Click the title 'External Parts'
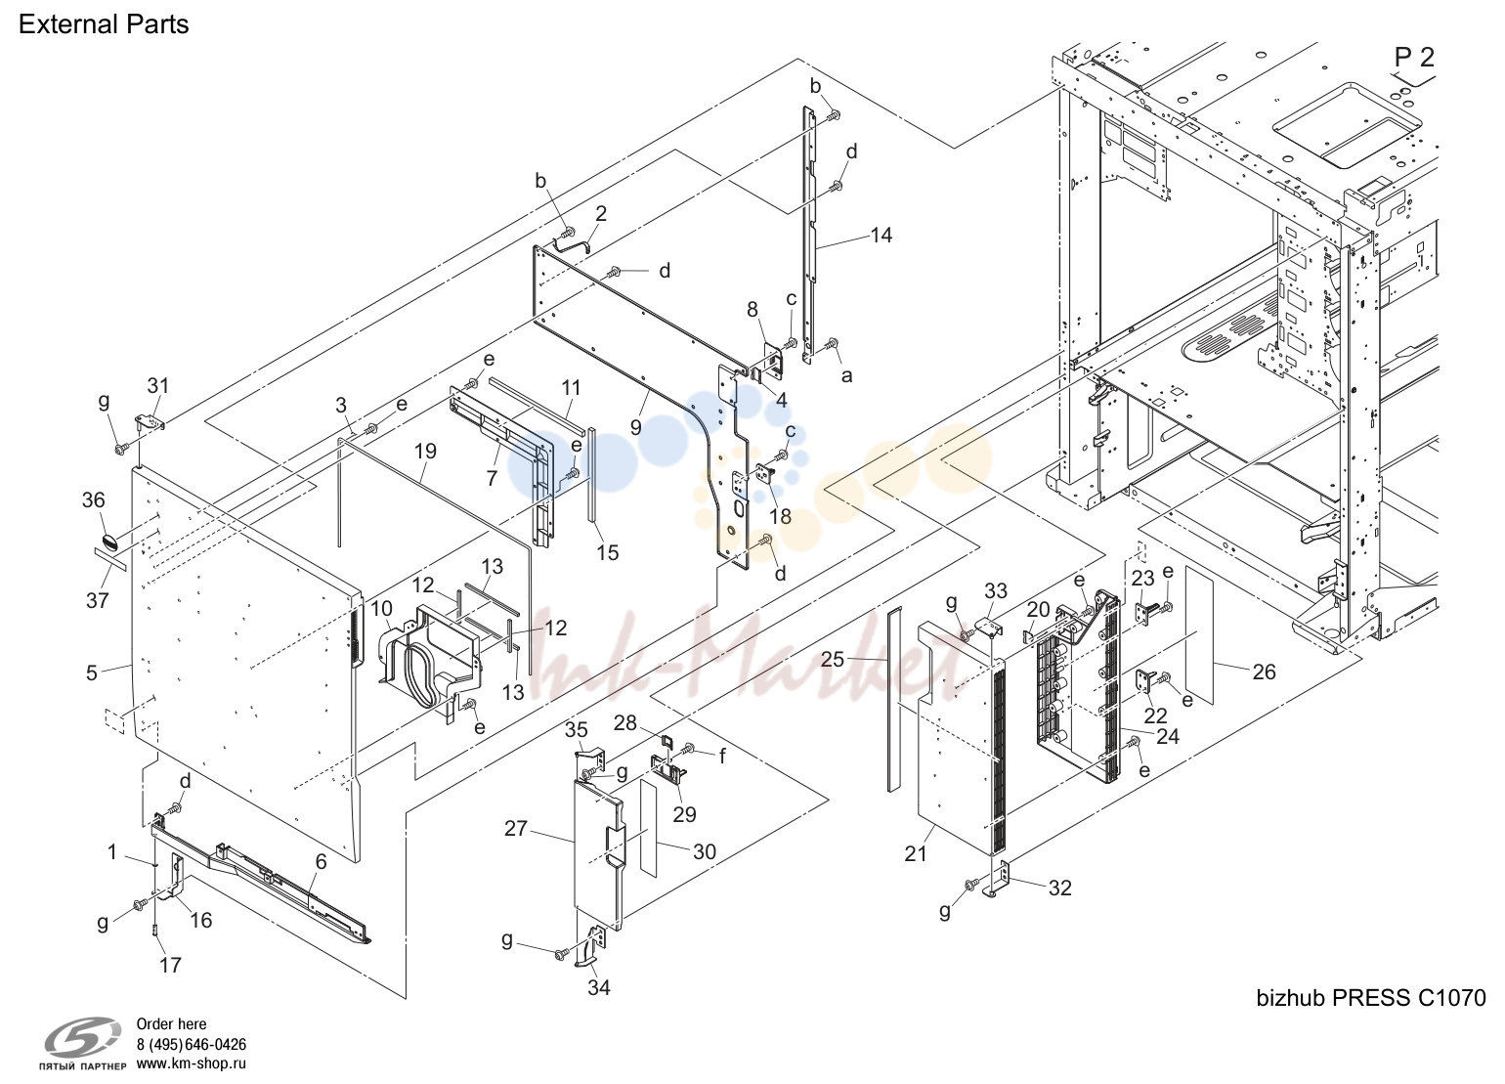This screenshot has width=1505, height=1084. [104, 24]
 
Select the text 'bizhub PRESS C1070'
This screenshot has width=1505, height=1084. [1370, 998]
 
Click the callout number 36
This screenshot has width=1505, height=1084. [94, 500]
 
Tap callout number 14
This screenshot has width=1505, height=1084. [881, 236]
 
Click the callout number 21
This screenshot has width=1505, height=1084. [915, 853]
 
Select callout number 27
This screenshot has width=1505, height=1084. [516, 829]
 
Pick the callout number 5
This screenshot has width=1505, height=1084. [92, 672]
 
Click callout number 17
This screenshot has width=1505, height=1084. [170, 965]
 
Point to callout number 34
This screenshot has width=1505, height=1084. [599, 987]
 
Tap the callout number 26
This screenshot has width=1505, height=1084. [1264, 672]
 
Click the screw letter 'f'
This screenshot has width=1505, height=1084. [722, 757]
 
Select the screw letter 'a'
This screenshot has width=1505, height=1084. [846, 376]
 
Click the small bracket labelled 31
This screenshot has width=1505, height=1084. [150, 423]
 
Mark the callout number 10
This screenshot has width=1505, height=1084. [381, 609]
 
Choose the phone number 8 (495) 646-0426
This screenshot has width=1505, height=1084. [191, 1045]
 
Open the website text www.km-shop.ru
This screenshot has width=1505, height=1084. [191, 1063]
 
